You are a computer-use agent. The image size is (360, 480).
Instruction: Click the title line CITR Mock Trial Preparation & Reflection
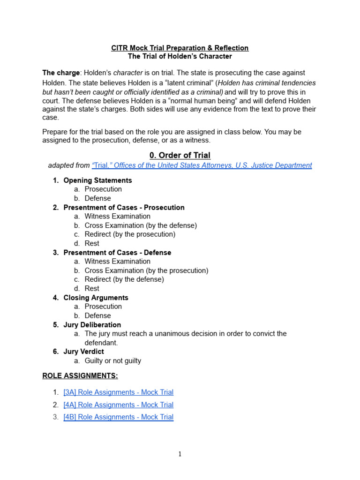pyautogui.click(x=180, y=48)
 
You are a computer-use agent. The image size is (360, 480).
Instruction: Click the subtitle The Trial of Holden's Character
pyautogui.click(x=180, y=56)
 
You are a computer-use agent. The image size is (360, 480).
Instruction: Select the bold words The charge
pyautogui.click(x=60, y=73)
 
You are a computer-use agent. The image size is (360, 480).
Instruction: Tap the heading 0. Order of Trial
pyautogui.click(x=180, y=155)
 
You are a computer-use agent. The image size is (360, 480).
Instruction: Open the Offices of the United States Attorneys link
pyautogui.click(x=202, y=165)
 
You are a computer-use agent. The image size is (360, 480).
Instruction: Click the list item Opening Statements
pyautogui.click(x=97, y=180)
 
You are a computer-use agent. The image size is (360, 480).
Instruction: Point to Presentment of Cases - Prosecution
pyautogui.click(x=124, y=207)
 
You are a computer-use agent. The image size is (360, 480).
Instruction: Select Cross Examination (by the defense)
pyautogui.click(x=141, y=225)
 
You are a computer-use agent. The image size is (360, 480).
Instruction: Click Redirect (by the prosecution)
pyautogui.click(x=130, y=234)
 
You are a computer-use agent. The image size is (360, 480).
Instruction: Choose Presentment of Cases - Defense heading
pyautogui.click(x=117, y=253)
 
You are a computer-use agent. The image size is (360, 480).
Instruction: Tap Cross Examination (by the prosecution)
pyautogui.click(x=146, y=270)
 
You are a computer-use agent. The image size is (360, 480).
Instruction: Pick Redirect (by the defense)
pyautogui.click(x=124, y=279)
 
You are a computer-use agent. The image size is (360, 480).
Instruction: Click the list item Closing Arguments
pyautogui.click(x=96, y=298)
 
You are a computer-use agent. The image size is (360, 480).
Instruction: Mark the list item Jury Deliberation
pyautogui.click(x=92, y=325)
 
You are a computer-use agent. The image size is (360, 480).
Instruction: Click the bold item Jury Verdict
pyautogui.click(x=83, y=352)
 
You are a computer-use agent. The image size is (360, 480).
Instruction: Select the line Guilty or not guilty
pyautogui.click(x=112, y=361)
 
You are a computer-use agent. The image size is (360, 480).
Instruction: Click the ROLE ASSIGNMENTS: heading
pyautogui.click(x=80, y=376)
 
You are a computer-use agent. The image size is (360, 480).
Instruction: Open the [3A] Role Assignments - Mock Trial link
pyautogui.click(x=118, y=392)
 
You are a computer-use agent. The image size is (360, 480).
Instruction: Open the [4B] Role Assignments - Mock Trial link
pyautogui.click(x=118, y=417)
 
